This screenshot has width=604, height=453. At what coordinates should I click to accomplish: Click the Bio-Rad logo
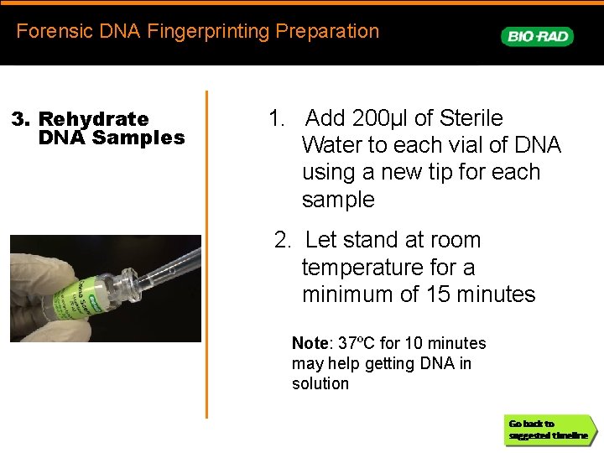tap(537, 36)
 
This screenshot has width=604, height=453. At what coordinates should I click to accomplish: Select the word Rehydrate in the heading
tap(93, 119)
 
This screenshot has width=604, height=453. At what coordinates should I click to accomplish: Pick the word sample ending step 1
tap(338, 200)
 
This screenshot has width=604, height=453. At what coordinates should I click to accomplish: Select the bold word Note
tap(309, 343)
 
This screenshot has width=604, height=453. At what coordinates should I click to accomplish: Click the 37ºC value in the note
tap(356, 343)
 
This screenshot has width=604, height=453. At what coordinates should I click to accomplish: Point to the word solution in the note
tap(320, 383)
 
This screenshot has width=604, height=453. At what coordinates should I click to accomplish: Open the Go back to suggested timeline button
tap(549, 430)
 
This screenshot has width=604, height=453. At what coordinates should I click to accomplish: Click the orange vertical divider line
tap(206, 252)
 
